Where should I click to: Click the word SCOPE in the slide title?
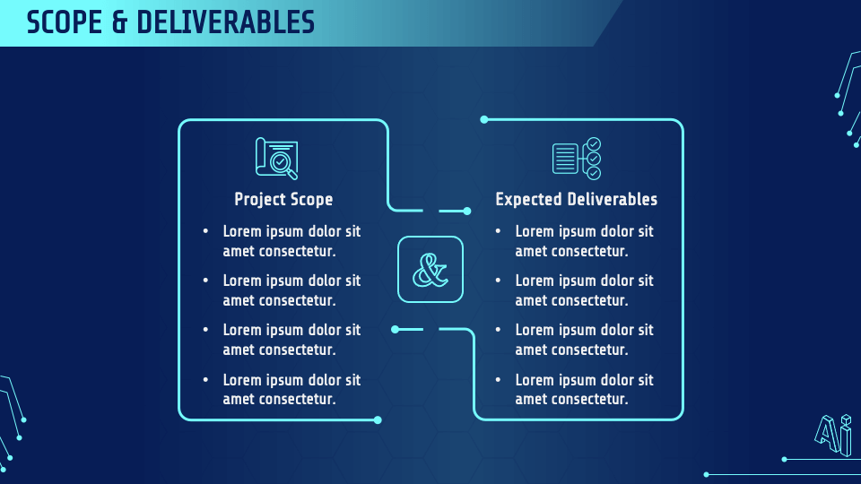pos(65,22)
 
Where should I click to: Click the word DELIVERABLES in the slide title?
pos(226,22)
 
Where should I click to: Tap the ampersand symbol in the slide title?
pos(119,22)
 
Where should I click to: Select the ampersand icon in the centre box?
pos(430,270)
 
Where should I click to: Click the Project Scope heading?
pos(283,199)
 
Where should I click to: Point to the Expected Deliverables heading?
pos(576,199)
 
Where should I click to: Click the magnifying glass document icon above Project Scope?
pos(277,158)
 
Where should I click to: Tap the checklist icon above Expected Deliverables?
pos(577,158)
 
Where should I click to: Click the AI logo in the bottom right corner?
pos(833,436)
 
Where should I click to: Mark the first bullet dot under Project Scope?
pos(205,231)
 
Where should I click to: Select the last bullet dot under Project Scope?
pos(205,379)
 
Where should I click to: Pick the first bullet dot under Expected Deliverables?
pos(498,231)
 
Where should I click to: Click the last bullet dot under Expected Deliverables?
pos(498,379)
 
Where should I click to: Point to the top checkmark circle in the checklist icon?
pos(594,144)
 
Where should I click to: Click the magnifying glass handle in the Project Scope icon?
pos(292,175)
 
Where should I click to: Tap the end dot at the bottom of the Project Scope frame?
pos(378,420)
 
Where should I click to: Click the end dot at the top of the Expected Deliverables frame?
pos(483,119)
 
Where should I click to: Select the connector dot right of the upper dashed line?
pos(467,211)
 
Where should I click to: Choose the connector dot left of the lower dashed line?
pos(395,329)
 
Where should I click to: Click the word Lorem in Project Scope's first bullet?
pos(242,231)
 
